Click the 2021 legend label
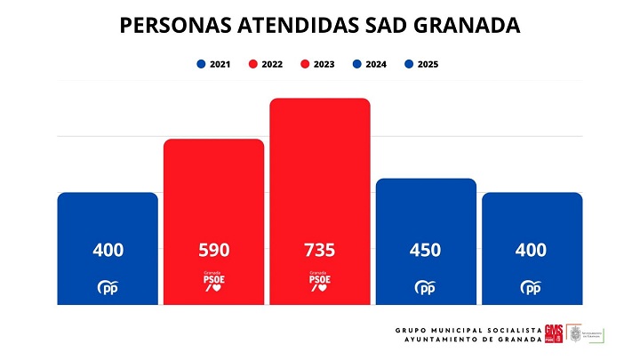219,64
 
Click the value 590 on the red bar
213,251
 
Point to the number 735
319,251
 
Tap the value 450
426,251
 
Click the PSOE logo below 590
213,283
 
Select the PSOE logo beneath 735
319,283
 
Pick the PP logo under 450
426,287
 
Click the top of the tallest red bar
319,101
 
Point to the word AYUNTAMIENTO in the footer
443,340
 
